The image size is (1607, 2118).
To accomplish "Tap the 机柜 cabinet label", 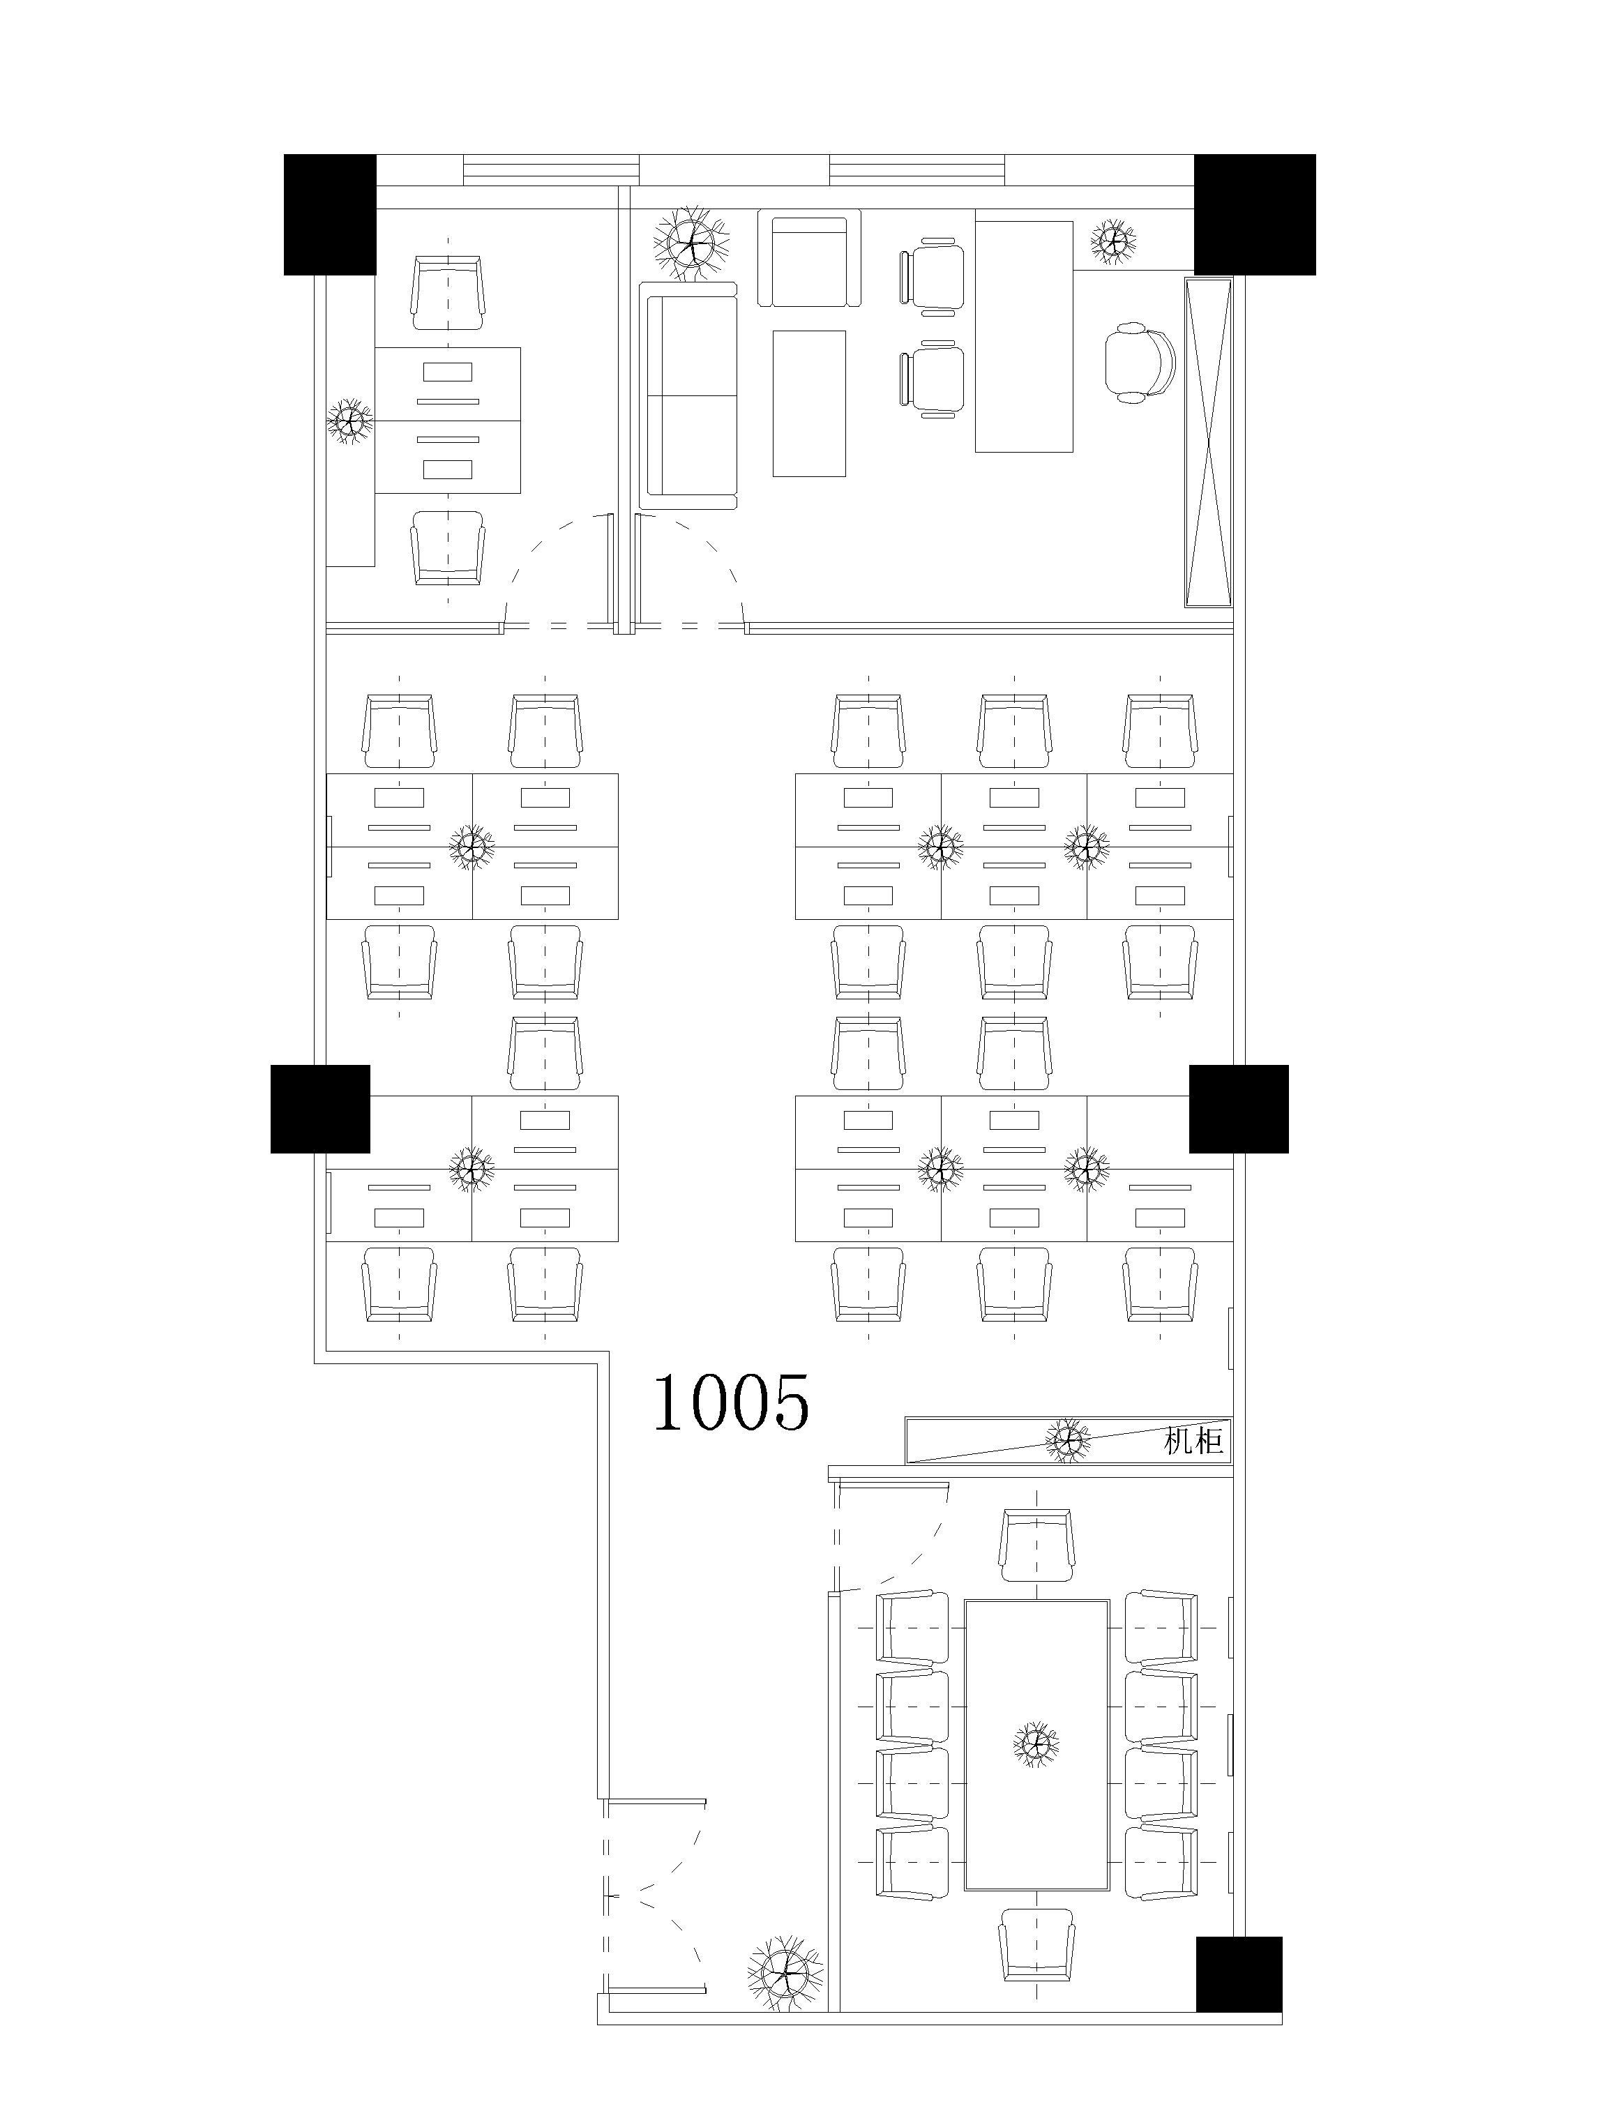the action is point(1193,1440).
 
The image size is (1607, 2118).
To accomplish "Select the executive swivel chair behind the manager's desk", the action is point(1140,362).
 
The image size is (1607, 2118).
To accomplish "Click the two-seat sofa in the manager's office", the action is point(690,396).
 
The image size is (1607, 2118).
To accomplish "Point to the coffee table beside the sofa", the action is point(809,403).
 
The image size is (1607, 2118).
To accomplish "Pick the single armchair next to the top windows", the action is point(809,259).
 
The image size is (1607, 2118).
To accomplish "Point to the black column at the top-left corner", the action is point(329,215).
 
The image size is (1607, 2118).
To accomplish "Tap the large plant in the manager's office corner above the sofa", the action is point(691,243).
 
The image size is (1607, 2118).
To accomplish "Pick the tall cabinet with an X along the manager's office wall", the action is point(1207,442).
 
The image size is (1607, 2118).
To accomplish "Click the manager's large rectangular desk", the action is point(1024,336).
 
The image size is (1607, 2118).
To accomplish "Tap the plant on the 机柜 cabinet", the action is point(1068,1440).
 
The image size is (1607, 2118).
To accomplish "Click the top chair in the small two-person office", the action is point(447,292).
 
